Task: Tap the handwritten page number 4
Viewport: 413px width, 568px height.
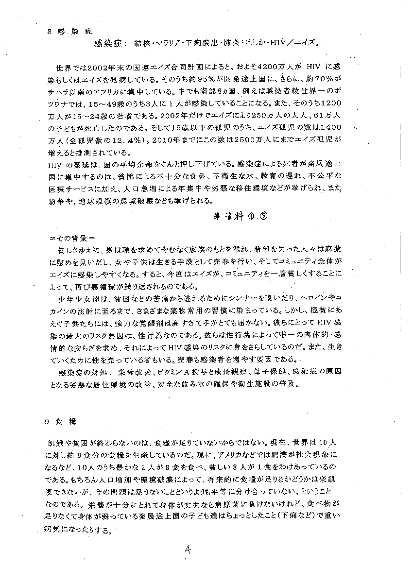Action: (189, 550)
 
